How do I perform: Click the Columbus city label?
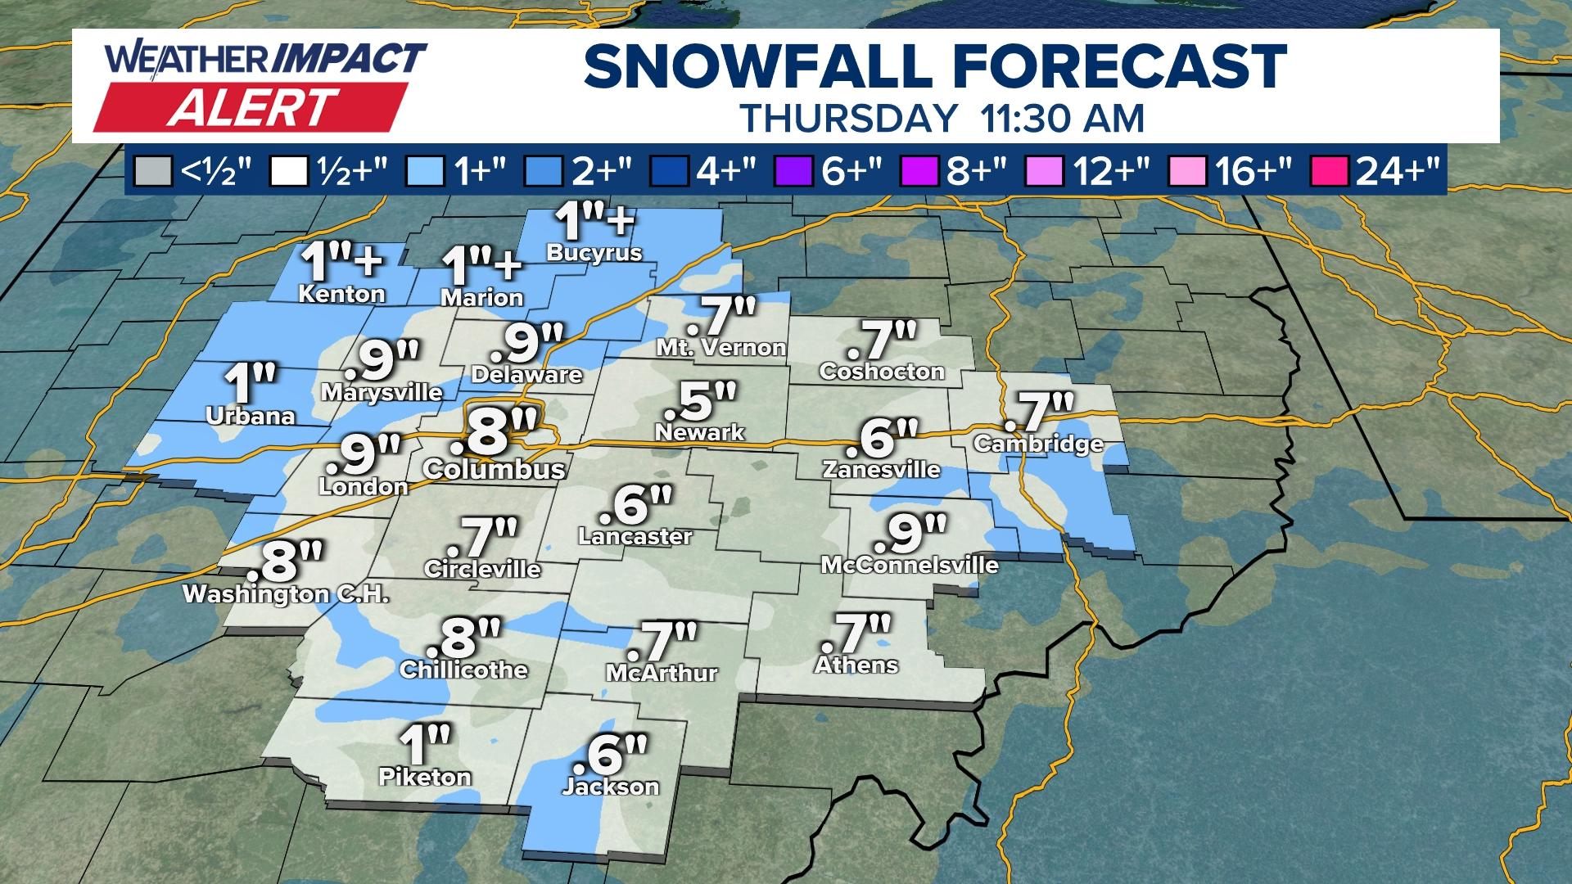(x=495, y=469)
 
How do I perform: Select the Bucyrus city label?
(x=594, y=253)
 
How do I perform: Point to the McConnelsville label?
(x=910, y=565)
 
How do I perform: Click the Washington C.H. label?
(x=285, y=594)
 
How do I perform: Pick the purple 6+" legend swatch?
(x=791, y=173)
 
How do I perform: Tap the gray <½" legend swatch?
(x=160, y=173)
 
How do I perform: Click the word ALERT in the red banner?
(x=253, y=107)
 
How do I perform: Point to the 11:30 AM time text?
(x=1061, y=118)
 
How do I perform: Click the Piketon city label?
(x=425, y=776)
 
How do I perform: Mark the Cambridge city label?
(x=1038, y=444)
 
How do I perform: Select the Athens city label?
(x=856, y=665)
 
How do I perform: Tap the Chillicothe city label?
(x=463, y=670)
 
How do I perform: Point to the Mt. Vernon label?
(x=720, y=348)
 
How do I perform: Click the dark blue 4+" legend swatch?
(x=665, y=173)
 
